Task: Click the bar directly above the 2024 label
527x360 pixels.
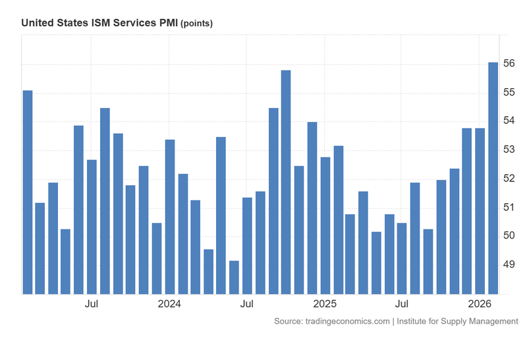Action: click(170, 217)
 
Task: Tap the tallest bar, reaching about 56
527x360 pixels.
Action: click(493, 178)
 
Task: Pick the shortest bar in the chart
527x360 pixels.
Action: click(234, 277)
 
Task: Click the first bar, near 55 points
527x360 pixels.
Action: click(28, 192)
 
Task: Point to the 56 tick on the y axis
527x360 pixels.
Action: click(509, 63)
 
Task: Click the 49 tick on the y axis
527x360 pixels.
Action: click(509, 264)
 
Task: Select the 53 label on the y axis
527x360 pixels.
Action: click(509, 150)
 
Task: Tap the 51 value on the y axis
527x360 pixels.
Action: click(509, 207)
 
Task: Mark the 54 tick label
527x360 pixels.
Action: click(509, 121)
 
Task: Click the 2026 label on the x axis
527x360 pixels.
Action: click(480, 304)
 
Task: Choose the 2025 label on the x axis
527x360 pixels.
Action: click(325, 304)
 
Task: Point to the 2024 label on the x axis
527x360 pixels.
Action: click(169, 304)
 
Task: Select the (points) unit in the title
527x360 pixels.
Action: click(197, 24)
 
